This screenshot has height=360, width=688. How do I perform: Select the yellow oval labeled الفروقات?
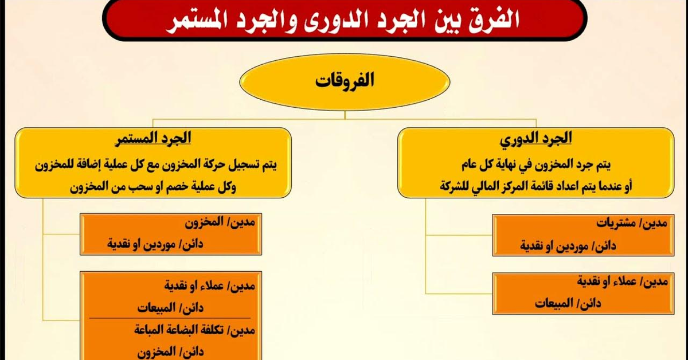pos(345,82)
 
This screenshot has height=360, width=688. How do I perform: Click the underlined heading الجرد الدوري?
pos(536,139)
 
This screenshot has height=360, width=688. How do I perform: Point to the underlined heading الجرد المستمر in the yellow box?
pos(153,138)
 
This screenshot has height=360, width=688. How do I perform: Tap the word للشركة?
pos(455,186)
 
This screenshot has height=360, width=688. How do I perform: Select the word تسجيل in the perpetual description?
pos(244,165)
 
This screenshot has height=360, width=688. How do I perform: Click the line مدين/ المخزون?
pos(220,222)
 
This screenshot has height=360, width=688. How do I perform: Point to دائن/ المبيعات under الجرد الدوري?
pos(568,303)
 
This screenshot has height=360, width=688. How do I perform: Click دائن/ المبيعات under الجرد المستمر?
pos(170,308)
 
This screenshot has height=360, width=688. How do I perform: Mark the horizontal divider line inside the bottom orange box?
pos(170,318)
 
